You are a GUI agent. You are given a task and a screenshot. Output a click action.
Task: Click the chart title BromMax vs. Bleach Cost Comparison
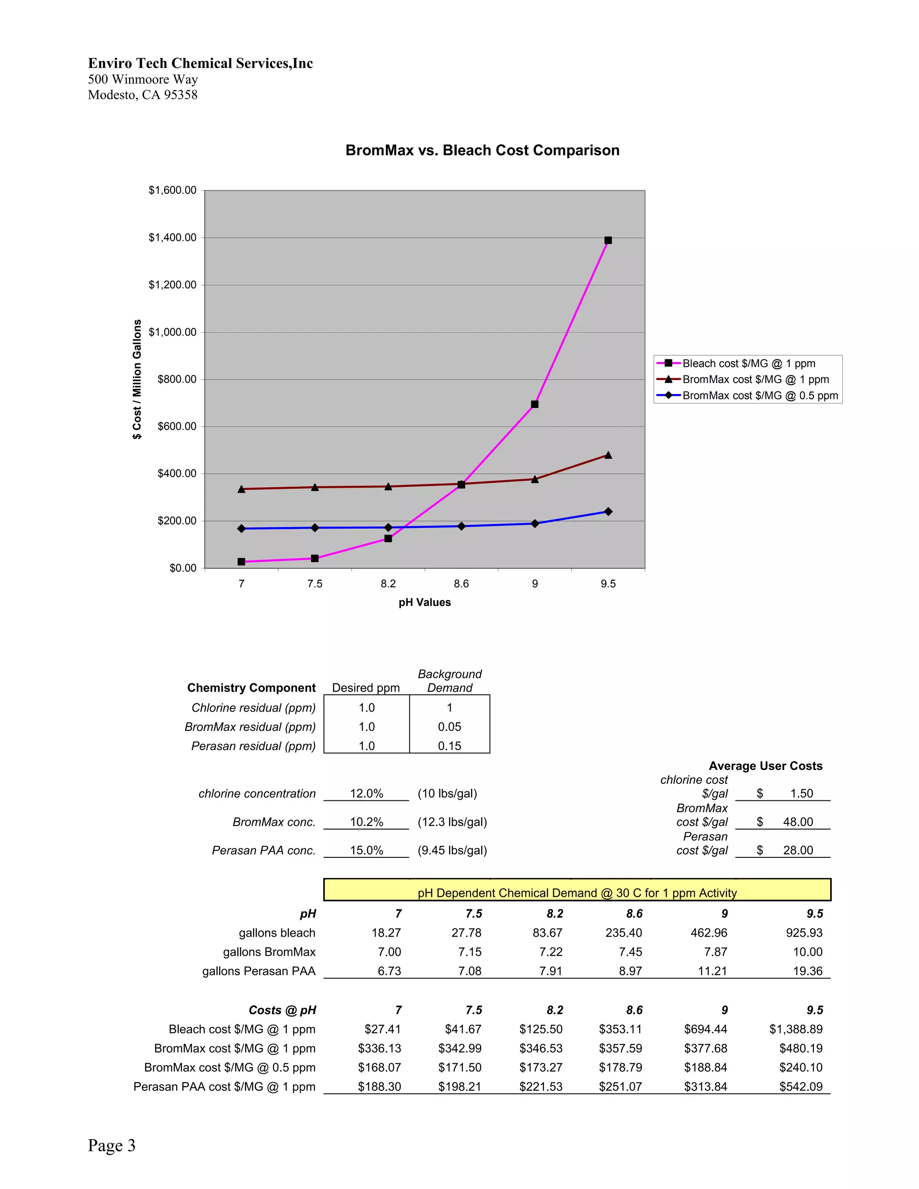coord(482,150)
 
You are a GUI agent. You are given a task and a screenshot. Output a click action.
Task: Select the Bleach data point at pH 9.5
coord(608,240)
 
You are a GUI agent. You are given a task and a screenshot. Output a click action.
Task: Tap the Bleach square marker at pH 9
coord(534,404)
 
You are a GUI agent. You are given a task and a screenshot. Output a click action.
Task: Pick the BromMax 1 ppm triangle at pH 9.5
coord(608,455)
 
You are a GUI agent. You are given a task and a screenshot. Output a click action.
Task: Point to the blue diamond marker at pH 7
coord(241,529)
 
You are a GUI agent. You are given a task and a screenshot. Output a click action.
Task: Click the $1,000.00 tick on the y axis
coord(173,332)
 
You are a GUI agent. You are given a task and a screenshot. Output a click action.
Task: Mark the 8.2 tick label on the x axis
coord(388,584)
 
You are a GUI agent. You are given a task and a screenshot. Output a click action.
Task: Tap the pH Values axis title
coord(424,602)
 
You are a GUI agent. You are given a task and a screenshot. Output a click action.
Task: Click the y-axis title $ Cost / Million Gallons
coord(137,379)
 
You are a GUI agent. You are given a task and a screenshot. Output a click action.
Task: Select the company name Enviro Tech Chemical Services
coord(200,63)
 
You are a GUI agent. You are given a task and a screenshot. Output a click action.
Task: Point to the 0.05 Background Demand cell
coord(449,727)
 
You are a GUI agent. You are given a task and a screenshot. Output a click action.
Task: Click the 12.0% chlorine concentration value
coord(367,793)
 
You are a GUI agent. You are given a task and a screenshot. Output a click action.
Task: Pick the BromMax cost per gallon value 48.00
coord(797,822)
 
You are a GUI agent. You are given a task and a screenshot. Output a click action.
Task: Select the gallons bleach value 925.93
coord(804,933)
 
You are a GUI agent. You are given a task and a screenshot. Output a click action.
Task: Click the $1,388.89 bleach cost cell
coord(796,1029)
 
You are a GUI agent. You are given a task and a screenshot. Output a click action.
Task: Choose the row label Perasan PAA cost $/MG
coord(224,1087)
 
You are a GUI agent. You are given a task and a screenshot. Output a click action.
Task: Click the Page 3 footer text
coord(112,1145)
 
